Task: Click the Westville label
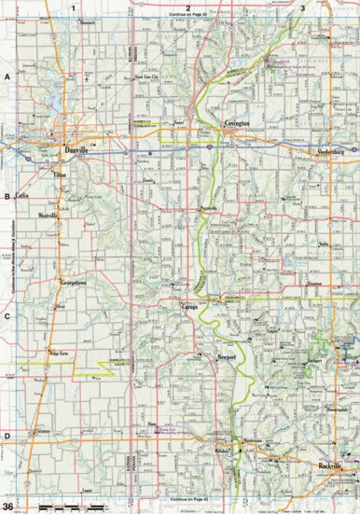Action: [48, 215]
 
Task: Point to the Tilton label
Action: [62, 174]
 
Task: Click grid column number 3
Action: [302, 7]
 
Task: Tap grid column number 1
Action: [72, 7]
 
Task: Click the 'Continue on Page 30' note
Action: [189, 16]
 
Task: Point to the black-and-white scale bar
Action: [66, 505]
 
